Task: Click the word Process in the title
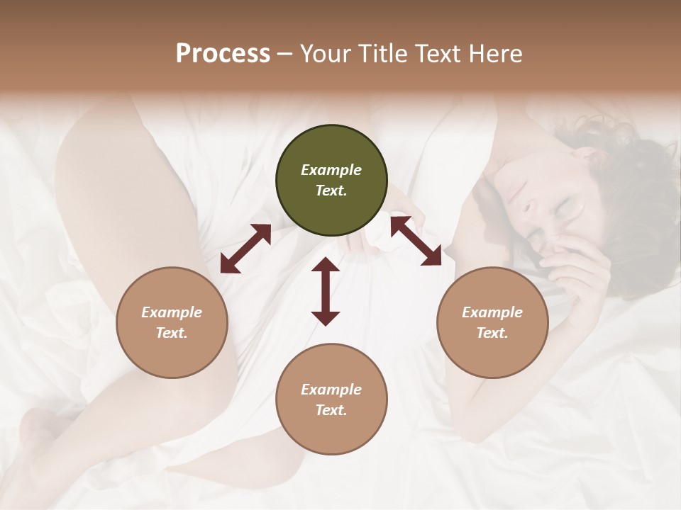223,54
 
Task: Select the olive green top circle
331,181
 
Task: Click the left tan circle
172,322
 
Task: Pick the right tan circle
492,322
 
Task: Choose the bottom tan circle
331,399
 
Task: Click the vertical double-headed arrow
326,292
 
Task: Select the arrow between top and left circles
245,249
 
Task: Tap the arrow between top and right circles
416,242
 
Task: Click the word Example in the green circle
331,170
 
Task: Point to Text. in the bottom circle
331,410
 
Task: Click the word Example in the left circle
172,312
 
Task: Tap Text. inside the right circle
492,333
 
